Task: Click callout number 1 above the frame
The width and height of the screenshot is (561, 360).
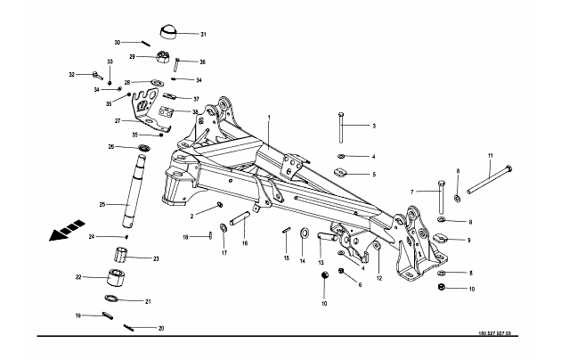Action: pos(267,118)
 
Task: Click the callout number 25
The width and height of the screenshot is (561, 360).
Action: pos(102,206)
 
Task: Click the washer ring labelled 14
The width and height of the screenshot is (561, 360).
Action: pos(305,234)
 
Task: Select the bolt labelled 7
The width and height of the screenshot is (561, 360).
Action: pos(441,199)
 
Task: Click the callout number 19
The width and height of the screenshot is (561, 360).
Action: pos(79,315)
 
